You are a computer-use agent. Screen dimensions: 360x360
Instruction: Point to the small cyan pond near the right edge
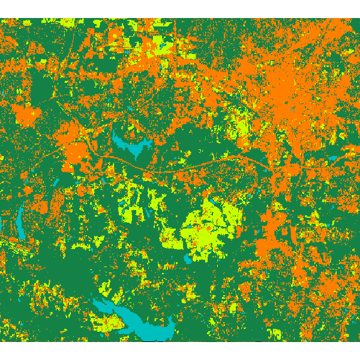click(332, 159)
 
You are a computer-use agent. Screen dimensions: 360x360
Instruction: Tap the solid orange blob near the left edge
click(25, 114)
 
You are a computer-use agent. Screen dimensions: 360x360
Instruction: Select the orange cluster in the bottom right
click(324, 288)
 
